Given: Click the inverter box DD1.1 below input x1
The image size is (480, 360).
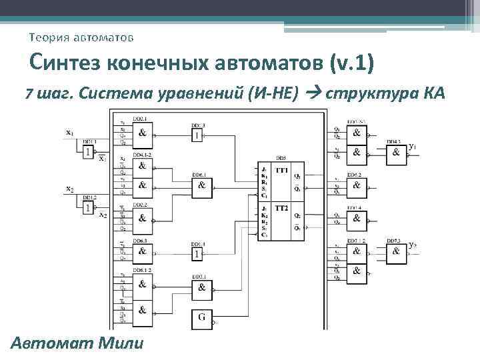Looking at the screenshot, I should [89, 153].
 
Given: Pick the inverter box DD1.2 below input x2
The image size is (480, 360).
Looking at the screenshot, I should [89, 208].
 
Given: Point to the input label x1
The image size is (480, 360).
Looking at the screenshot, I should [69, 132].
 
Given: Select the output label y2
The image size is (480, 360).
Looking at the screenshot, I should [413, 245].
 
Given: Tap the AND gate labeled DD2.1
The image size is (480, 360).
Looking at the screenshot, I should [143, 133].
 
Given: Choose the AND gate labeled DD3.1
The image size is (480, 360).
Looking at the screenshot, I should [202, 289].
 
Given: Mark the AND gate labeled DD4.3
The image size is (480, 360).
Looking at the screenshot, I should [397, 153].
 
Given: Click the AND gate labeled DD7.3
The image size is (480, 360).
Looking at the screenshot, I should [397, 251].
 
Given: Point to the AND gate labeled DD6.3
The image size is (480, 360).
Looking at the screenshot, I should [143, 251].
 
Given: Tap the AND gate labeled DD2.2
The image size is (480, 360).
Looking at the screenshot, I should [143, 217].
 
